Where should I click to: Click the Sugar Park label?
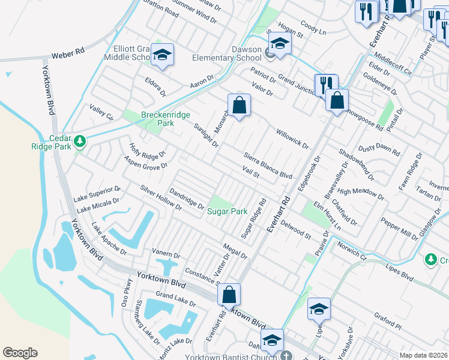pyautogui.click(x=227, y=211)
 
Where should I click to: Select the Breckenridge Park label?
pyautogui.click(x=157, y=119)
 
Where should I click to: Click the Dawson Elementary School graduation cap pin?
pyautogui.click(x=279, y=43)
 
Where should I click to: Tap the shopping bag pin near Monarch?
pyautogui.click(x=239, y=106)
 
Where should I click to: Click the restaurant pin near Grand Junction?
pyautogui.click(x=326, y=85)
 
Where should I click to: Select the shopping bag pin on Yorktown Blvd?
pyautogui.click(x=229, y=295)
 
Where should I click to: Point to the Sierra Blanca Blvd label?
pyautogui.click(x=268, y=165)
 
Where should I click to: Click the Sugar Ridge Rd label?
pyautogui.click(x=253, y=218)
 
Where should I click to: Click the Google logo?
pyautogui.click(x=20, y=352)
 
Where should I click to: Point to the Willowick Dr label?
pyautogui.click(x=292, y=139)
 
